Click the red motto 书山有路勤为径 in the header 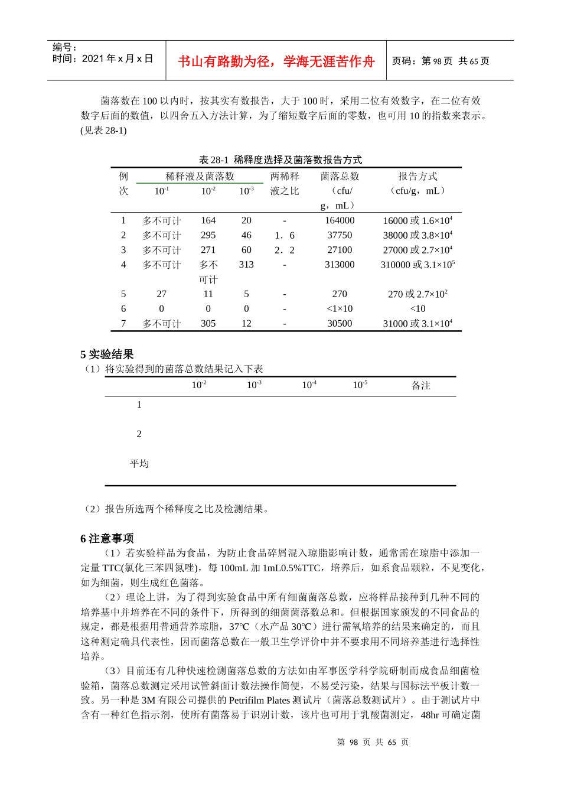tap(276, 61)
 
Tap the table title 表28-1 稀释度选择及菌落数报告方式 tap(280, 160)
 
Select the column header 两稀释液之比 tap(285, 184)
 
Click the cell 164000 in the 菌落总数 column tap(340, 220)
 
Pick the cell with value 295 tap(208, 235)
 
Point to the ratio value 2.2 tap(284, 250)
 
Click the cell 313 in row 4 tap(246, 265)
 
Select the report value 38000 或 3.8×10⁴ tap(418, 235)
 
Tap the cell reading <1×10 tap(340, 308)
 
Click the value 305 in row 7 tap(208, 323)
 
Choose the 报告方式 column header tap(418, 177)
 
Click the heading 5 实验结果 tap(107, 354)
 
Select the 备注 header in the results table tap(420, 385)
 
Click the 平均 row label tap(139, 463)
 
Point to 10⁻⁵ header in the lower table tap(360, 385)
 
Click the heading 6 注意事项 tap(107, 538)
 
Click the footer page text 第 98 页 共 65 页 tap(373, 742)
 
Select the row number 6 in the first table tap(123, 308)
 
